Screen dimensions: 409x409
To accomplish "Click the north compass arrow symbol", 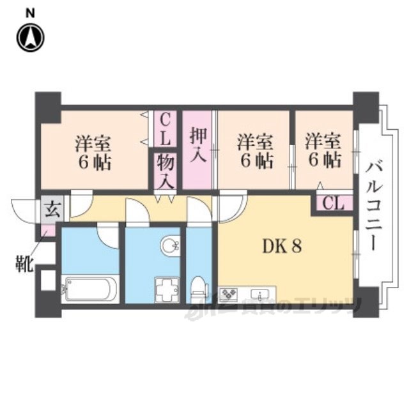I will [x=30, y=38].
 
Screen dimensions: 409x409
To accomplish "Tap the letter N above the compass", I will [x=30, y=11].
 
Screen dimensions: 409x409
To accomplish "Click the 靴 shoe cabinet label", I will [x=24, y=264].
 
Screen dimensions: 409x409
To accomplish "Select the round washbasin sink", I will [x=169, y=245].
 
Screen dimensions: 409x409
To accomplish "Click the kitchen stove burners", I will [x=228, y=295].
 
